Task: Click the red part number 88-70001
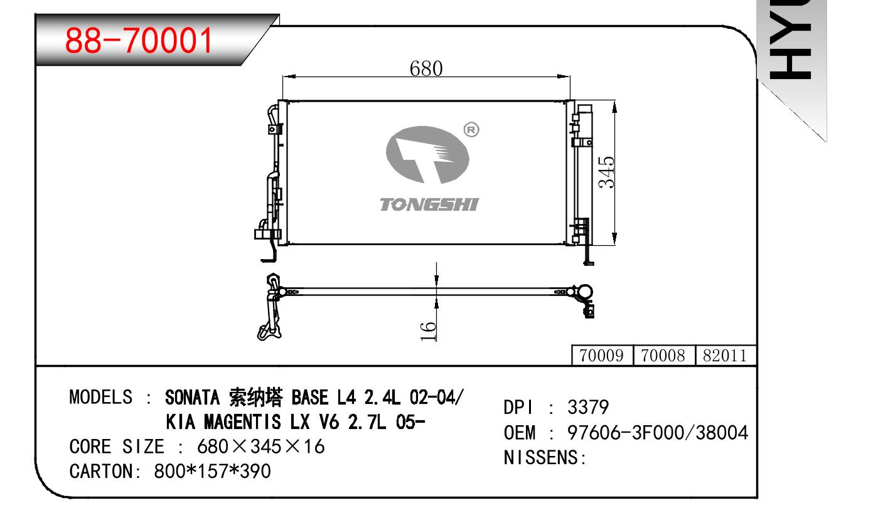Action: click(138, 40)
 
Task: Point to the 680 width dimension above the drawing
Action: click(426, 68)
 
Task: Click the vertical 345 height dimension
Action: click(606, 172)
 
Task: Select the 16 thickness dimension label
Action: click(428, 331)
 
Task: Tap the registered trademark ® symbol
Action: click(471, 130)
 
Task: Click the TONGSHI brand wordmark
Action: click(429, 204)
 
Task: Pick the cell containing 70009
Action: click(602, 355)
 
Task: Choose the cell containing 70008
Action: click(664, 355)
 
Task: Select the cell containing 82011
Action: click(725, 355)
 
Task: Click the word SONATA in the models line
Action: click(192, 398)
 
